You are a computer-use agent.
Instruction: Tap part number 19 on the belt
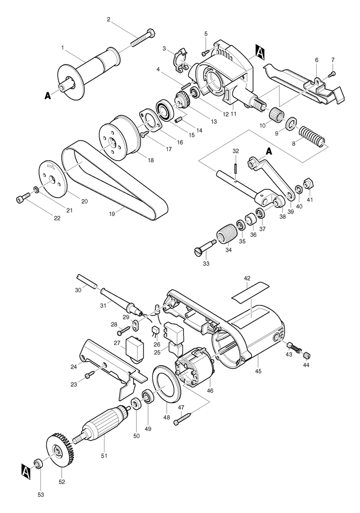pyautogui.click(x=112, y=214)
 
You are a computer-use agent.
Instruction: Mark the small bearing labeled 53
pyautogui.click(x=38, y=463)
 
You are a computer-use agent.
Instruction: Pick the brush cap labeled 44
pyautogui.click(x=306, y=355)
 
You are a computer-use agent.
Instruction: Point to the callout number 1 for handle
pyautogui.click(x=62, y=48)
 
